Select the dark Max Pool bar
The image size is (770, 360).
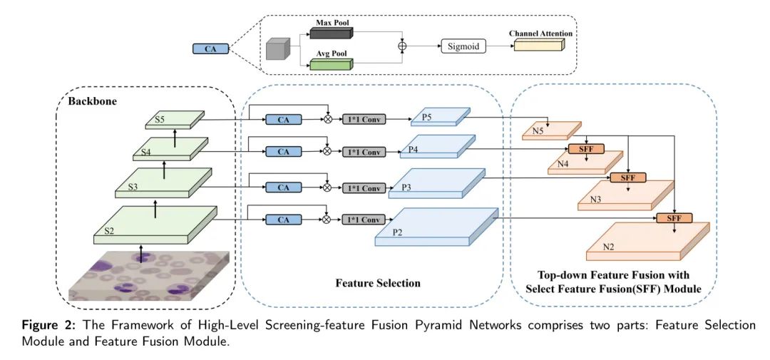332,33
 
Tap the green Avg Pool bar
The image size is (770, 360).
332,65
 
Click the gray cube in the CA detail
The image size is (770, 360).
275,50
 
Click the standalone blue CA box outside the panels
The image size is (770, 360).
211,49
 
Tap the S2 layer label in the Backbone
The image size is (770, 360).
110,231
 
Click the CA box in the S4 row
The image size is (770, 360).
283,152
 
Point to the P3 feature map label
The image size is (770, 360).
408,186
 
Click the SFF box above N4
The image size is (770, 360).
585,149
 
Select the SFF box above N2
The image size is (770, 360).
674,218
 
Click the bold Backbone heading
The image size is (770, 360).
92,101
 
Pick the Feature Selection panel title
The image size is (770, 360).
378,283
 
